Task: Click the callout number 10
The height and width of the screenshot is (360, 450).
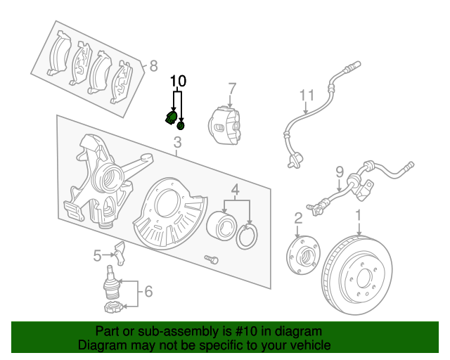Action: coord(178,80)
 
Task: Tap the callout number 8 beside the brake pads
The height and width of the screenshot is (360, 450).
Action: coord(154,67)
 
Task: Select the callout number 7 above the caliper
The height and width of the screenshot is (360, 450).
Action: coord(231,89)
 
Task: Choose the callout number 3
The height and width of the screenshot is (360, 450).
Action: coord(177,144)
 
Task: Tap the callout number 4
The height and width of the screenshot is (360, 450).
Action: coord(236,189)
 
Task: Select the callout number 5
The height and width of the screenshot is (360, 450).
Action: coord(97,255)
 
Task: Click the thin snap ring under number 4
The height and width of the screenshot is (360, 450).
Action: coord(247,237)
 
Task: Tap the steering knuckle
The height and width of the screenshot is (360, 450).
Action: coord(98,179)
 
